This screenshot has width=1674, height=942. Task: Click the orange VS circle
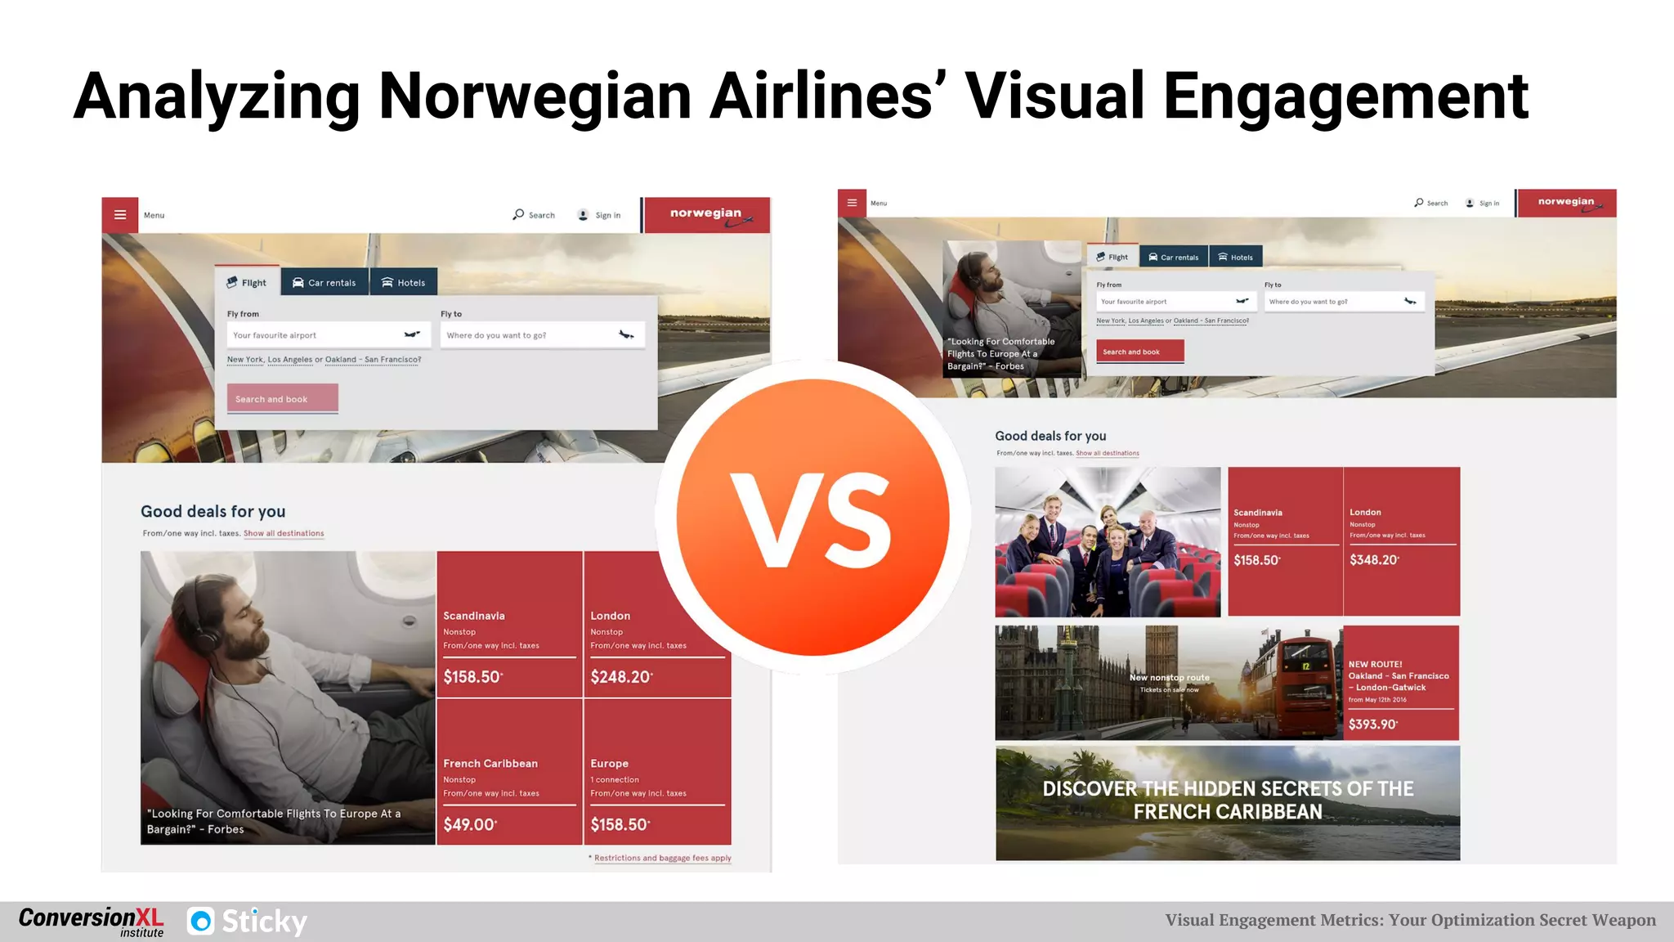812,517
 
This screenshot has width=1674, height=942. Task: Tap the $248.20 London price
621,677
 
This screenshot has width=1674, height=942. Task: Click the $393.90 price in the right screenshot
1372,724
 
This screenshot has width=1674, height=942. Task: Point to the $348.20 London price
1374,560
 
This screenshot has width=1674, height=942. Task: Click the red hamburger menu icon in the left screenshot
120,215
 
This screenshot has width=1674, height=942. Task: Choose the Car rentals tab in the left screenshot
325,283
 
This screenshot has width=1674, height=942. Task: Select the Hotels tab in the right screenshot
1235,258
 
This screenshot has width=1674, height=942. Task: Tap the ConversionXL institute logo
91,922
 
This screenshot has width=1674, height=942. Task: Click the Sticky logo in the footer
247,922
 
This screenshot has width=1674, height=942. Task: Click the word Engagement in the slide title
1345,96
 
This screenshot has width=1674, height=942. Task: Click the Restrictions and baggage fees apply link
662,858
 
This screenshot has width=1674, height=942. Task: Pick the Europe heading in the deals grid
610,763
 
